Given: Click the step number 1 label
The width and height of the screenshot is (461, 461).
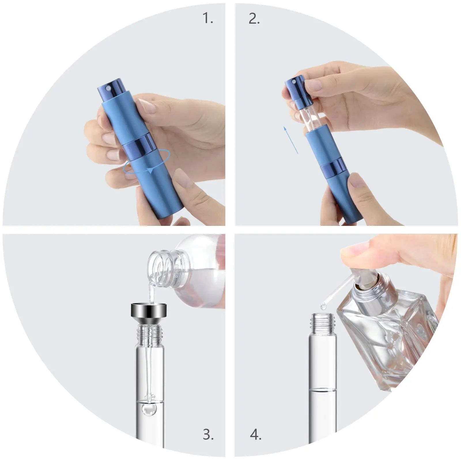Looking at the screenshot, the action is point(208,18).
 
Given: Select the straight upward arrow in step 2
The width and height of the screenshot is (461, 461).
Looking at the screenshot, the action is point(290,140).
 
